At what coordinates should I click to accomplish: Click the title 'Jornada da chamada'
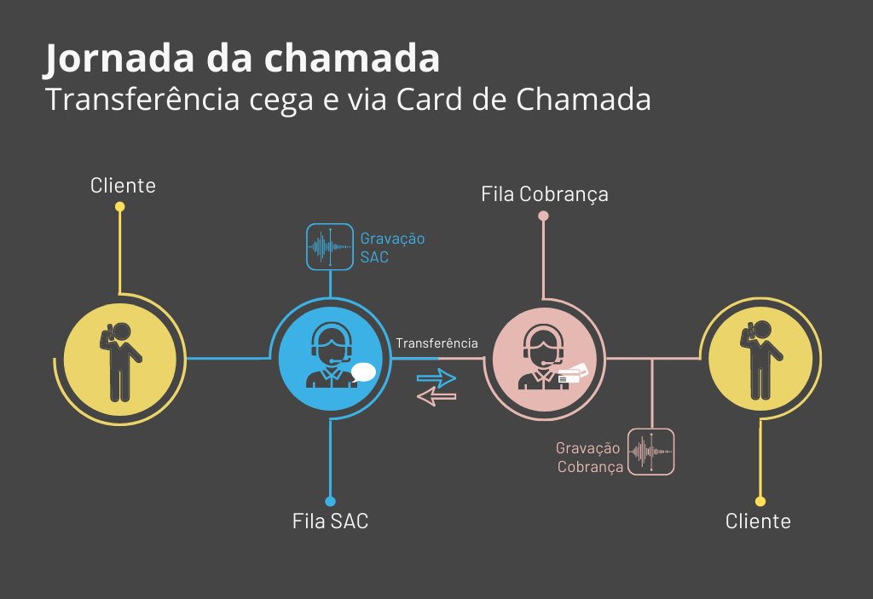pyautogui.click(x=242, y=59)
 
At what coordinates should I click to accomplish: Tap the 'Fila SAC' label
pyautogui.click(x=331, y=521)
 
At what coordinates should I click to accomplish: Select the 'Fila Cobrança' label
pyautogui.click(x=545, y=193)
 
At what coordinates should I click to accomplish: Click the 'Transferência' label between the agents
pyautogui.click(x=436, y=343)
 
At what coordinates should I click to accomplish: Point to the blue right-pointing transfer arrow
pyautogui.click(x=436, y=377)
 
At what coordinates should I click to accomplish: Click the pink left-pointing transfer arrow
pyautogui.click(x=436, y=396)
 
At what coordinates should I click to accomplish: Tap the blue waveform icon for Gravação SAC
pyautogui.click(x=330, y=246)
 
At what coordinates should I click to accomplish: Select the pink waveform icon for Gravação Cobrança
pyautogui.click(x=651, y=452)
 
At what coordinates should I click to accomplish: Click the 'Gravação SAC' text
pyautogui.click(x=392, y=247)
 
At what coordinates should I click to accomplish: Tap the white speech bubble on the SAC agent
pyautogui.click(x=364, y=371)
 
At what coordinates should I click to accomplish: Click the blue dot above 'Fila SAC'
pyautogui.click(x=331, y=501)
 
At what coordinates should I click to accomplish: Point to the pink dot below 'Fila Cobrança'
pyautogui.click(x=543, y=216)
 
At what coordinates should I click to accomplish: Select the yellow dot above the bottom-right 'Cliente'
pyautogui.click(x=760, y=501)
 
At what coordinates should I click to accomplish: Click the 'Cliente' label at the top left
pyautogui.click(x=123, y=185)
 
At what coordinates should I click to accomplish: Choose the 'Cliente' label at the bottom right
pyautogui.click(x=758, y=521)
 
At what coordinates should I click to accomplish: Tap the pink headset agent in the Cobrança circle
pyautogui.click(x=543, y=358)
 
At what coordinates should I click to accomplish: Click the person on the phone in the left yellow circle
pyautogui.click(x=119, y=361)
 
